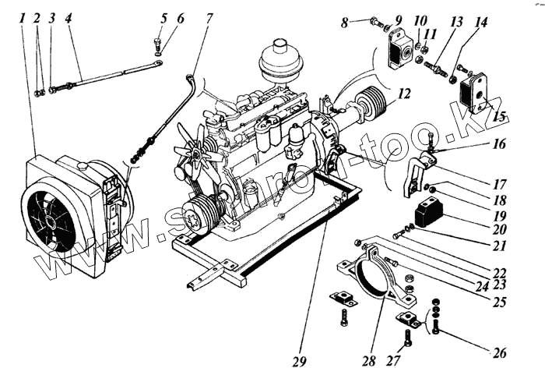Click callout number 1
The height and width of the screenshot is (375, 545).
23,16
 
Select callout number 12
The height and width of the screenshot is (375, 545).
403,94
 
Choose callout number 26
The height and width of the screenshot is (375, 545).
498,352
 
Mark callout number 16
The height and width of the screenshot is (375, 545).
498,144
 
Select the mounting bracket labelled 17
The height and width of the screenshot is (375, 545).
416,175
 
